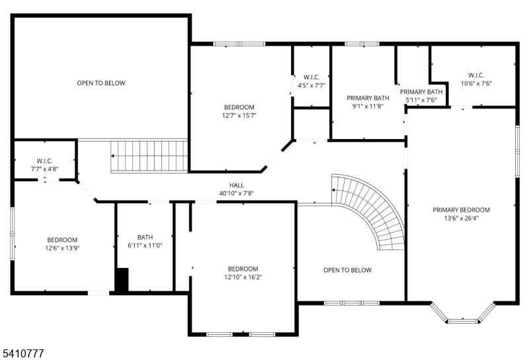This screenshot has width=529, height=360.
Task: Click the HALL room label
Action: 237,186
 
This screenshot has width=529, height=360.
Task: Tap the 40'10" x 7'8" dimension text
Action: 237,194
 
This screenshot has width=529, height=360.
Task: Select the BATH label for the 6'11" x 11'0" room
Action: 145,237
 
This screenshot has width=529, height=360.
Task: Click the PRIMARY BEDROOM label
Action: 462,210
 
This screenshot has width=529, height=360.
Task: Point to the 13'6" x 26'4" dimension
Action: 462,218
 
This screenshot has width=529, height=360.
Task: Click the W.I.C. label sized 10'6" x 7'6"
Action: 476,75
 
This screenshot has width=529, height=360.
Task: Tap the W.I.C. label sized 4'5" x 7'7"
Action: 311,77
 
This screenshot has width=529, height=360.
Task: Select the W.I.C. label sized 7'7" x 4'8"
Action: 44,161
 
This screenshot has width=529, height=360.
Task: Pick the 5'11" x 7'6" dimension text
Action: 421,100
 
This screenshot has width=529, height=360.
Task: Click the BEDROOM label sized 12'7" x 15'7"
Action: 239,107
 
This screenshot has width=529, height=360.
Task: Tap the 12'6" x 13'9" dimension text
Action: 62,248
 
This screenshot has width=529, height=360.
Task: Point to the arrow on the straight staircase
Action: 114,156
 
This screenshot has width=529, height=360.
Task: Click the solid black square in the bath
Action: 122,279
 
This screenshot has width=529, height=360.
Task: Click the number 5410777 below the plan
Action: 22,354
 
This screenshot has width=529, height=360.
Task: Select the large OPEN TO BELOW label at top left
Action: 101,83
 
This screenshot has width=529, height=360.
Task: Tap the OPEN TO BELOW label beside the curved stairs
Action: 347,270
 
